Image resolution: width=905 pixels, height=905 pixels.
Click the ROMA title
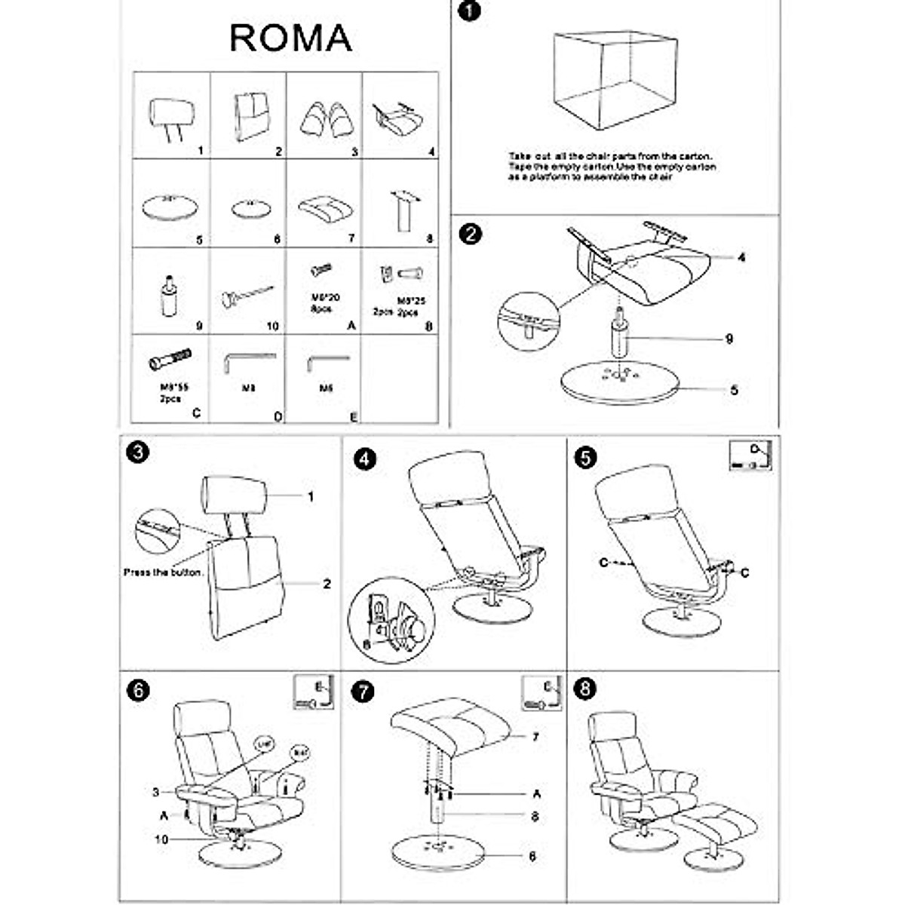pyautogui.click(x=290, y=38)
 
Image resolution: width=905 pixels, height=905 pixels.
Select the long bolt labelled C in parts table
pyautogui.click(x=170, y=359)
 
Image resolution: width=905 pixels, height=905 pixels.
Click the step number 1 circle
pyautogui.click(x=469, y=12)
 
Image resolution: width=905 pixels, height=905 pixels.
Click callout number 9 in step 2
pyautogui.click(x=729, y=339)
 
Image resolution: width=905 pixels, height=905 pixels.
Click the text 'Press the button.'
pyautogui.click(x=164, y=572)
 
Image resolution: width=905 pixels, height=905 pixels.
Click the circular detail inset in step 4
pyautogui.click(x=392, y=620)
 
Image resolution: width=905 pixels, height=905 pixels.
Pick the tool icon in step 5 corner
pyautogui.click(x=750, y=456)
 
